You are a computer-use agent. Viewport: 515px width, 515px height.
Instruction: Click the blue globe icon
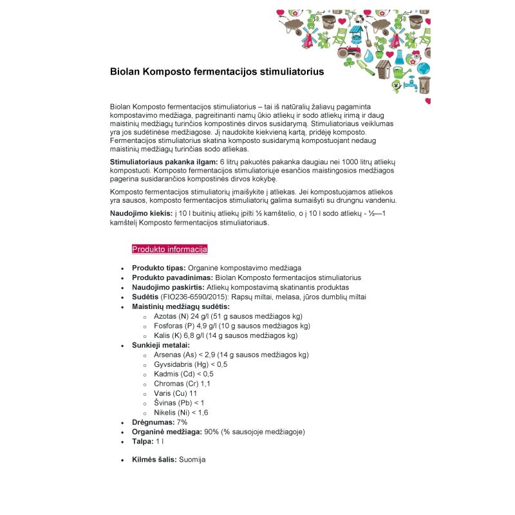point(423,68)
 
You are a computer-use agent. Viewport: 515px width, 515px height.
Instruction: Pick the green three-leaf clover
point(350,64)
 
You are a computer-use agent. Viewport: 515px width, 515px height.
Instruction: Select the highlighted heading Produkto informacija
point(169,249)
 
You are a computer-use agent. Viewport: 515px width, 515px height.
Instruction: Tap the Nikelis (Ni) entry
point(181,413)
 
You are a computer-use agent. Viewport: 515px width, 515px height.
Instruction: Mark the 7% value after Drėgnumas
point(182,422)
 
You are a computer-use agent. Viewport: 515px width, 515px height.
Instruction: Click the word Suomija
point(192,460)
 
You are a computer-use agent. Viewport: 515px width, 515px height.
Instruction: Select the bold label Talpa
point(142,442)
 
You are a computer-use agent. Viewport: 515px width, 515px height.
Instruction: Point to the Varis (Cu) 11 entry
point(176,393)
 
